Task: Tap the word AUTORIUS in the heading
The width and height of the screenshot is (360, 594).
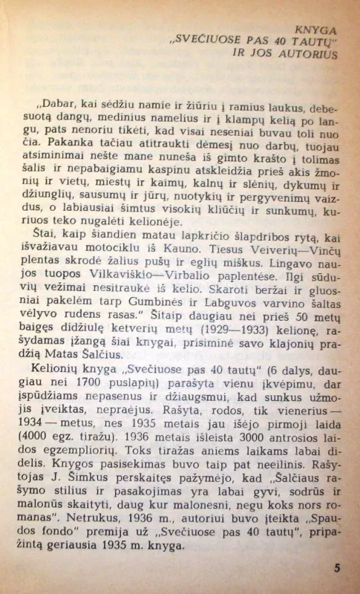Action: [307, 53]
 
